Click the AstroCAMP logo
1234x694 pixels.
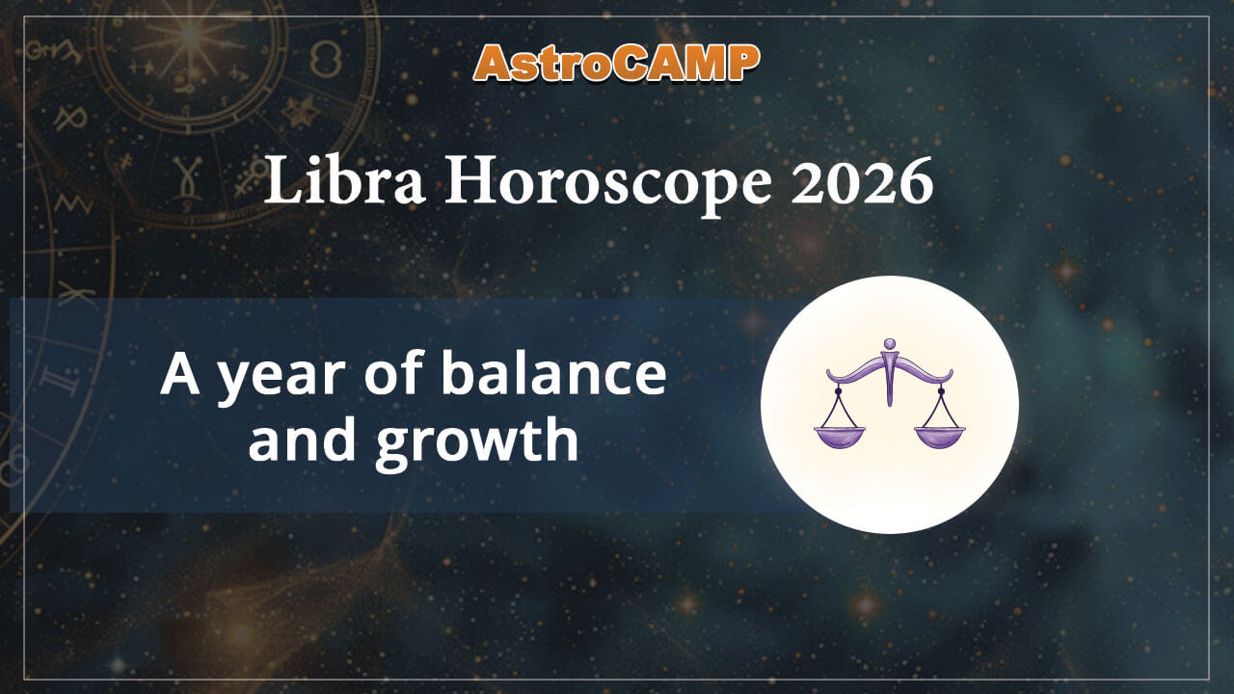pos(617,64)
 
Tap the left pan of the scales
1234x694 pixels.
pos(840,437)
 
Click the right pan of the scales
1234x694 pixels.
pos(939,437)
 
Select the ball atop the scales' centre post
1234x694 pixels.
pos(889,342)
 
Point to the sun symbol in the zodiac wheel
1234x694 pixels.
pos(188,43)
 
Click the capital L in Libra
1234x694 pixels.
pos(281,182)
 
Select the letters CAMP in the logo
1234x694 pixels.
pos(691,64)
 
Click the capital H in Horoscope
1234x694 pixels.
pos(469,182)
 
